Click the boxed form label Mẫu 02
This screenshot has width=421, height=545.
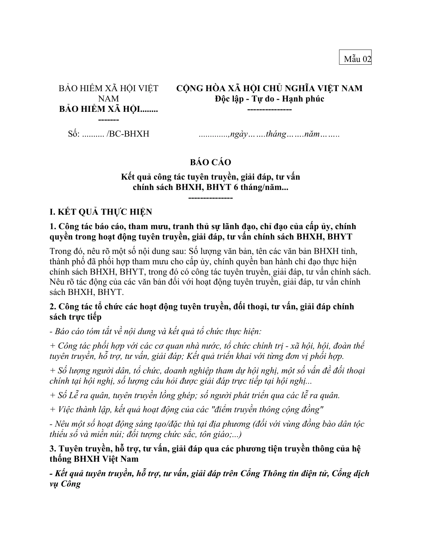coord(357,59)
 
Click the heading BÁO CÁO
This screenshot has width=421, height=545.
coord(210,162)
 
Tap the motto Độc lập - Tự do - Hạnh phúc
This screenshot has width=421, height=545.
coord(269,99)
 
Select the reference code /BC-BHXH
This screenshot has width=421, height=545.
coord(128,134)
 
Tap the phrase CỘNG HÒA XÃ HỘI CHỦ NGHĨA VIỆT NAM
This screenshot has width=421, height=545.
coord(269,88)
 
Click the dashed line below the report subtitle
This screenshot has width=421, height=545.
coord(210,198)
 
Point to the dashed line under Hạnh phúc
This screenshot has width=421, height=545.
coord(269,109)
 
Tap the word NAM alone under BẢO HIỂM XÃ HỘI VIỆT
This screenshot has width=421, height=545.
coord(109,99)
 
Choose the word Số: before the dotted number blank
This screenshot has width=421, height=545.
coord(74,134)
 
